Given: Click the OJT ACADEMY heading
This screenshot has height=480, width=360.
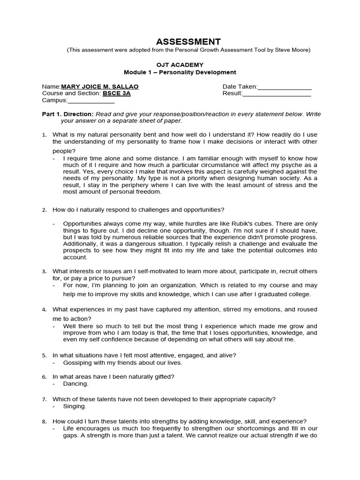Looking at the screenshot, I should click(x=180, y=65).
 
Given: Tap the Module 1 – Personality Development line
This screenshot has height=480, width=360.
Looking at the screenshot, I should click(x=180, y=72).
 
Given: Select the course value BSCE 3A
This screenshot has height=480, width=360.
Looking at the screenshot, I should click(x=116, y=93).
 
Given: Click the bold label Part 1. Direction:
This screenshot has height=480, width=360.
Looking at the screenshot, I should click(x=68, y=114).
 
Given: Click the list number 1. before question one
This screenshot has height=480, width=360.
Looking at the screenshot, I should click(x=44, y=135).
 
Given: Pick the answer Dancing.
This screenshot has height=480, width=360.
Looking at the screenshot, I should click(x=75, y=383).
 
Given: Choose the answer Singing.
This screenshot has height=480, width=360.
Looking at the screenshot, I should click(x=75, y=406).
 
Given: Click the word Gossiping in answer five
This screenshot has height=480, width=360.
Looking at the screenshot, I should click(x=77, y=362).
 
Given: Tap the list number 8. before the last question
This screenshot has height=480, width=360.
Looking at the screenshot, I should click(x=44, y=421).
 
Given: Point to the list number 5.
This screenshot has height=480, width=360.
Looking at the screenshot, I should click(x=44, y=355).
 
